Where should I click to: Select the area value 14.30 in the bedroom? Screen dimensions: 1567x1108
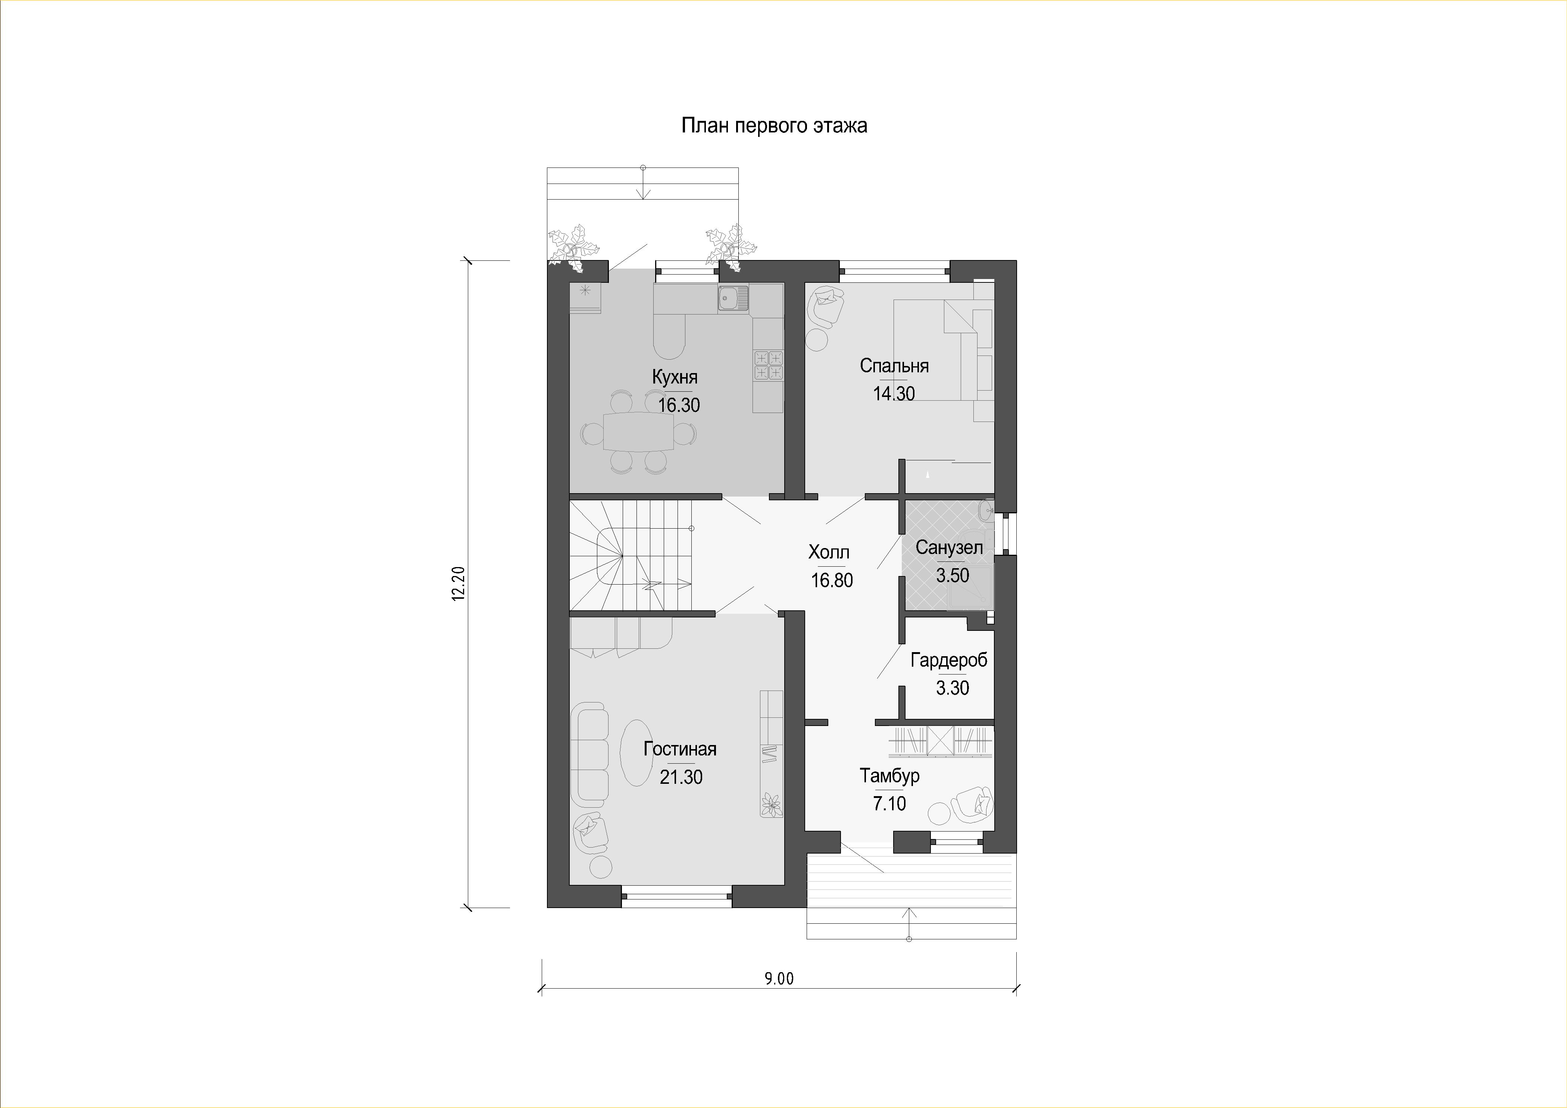(894, 394)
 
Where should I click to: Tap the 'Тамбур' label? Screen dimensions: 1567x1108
(889, 776)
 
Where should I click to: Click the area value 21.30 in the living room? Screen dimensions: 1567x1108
(681, 777)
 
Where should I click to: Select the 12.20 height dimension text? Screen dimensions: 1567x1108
(458, 583)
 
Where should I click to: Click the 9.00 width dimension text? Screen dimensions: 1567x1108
(779, 979)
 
